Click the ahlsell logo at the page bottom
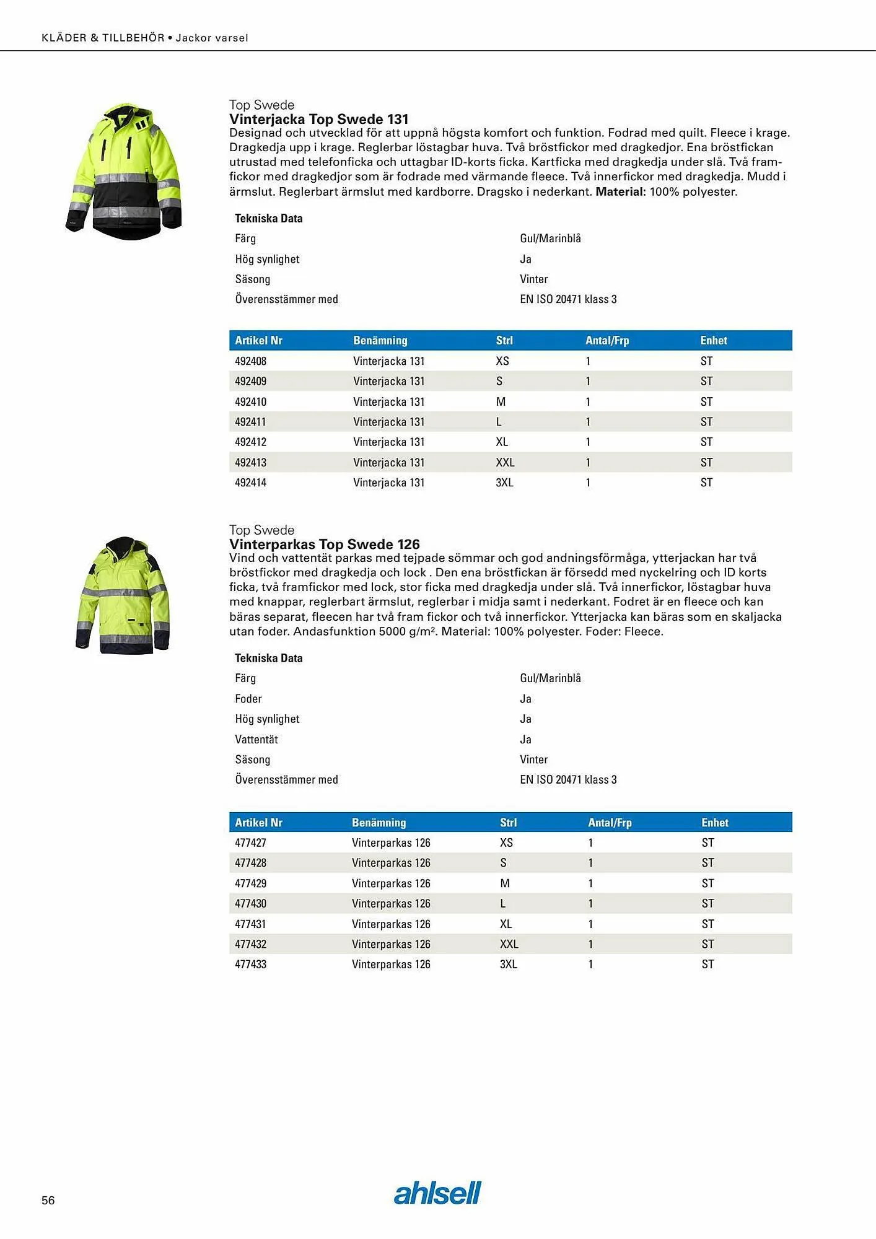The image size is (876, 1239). [437, 1193]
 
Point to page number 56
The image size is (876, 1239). [48, 1200]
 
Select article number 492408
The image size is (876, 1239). [251, 361]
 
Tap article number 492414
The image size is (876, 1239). [251, 482]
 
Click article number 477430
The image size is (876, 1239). [251, 903]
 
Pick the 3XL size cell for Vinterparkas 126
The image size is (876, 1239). [509, 964]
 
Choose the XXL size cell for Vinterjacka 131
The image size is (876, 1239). [505, 462]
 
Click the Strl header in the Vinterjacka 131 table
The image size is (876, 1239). [504, 340]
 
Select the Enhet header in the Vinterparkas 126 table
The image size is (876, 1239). [715, 822]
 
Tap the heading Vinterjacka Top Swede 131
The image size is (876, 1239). [318, 119]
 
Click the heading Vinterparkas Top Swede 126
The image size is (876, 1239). [324, 544]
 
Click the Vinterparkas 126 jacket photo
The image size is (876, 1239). [123, 595]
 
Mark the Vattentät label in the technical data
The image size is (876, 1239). [256, 739]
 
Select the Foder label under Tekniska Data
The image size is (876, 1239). [248, 698]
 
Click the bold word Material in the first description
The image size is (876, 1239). [620, 191]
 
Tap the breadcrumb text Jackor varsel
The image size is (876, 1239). [212, 38]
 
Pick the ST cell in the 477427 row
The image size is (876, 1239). [708, 843]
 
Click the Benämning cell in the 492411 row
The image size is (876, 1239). [389, 421]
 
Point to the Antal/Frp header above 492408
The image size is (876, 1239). [607, 340]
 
